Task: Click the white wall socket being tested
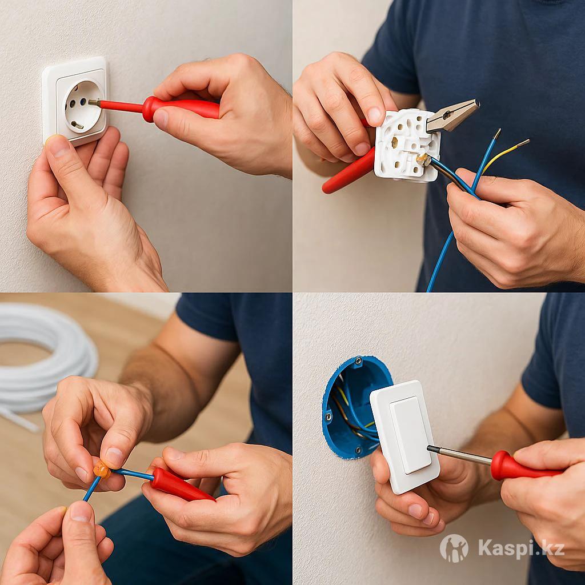click(75, 100)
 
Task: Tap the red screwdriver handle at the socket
click(181, 109)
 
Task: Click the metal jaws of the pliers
click(452, 115)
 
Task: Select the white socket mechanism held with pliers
click(407, 146)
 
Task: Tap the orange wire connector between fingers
click(102, 470)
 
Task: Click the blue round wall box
click(352, 407)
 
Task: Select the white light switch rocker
click(410, 435)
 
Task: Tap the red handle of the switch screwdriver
click(524, 466)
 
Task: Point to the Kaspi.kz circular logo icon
click(454, 548)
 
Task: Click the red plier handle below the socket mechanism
click(349, 171)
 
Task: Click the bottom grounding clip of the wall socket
click(77, 125)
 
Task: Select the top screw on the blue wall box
click(359, 361)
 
